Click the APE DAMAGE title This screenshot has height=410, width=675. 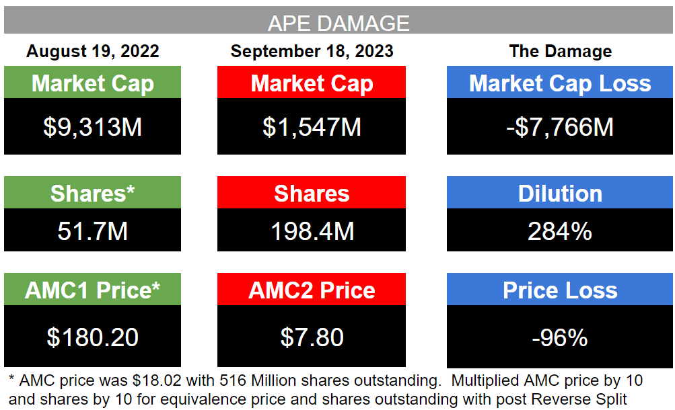[338, 24]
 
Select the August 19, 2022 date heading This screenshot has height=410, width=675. [93, 51]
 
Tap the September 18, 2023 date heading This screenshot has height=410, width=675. [312, 51]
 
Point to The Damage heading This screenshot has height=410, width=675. [560, 51]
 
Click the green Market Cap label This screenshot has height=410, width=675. [93, 83]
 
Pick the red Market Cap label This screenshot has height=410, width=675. [312, 83]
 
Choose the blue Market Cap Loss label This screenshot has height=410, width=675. [560, 83]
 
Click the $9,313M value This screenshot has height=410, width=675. [93, 127]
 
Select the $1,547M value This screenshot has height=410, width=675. [312, 127]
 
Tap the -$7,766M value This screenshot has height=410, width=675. [560, 127]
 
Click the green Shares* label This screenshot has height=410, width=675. [93, 194]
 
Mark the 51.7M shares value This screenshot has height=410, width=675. [93, 231]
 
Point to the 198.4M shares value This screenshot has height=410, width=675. [312, 231]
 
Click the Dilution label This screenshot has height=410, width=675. [560, 194]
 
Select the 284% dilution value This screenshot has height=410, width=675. [560, 231]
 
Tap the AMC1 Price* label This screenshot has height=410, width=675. [93, 290]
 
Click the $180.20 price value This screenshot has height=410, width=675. [93, 337]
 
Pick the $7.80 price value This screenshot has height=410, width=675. [312, 337]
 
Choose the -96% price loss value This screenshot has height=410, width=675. [560, 337]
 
